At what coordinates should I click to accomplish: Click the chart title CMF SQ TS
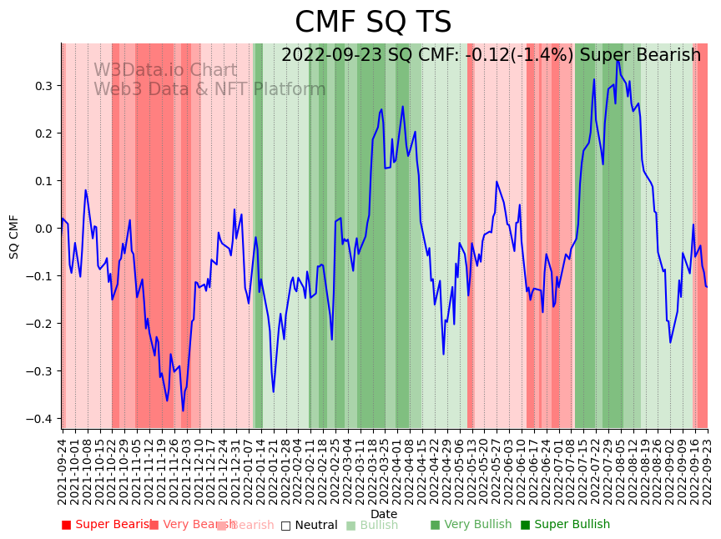click(373, 23)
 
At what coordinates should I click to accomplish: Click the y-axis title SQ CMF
click(14, 236)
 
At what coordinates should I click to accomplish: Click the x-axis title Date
click(384, 514)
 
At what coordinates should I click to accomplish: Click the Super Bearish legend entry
click(107, 525)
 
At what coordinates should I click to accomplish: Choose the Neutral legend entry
click(310, 525)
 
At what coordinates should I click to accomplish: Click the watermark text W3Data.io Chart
click(165, 70)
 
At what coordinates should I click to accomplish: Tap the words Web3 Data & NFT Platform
click(209, 89)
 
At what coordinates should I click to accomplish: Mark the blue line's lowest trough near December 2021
click(183, 411)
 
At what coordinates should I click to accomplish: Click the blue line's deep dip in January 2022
click(273, 391)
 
